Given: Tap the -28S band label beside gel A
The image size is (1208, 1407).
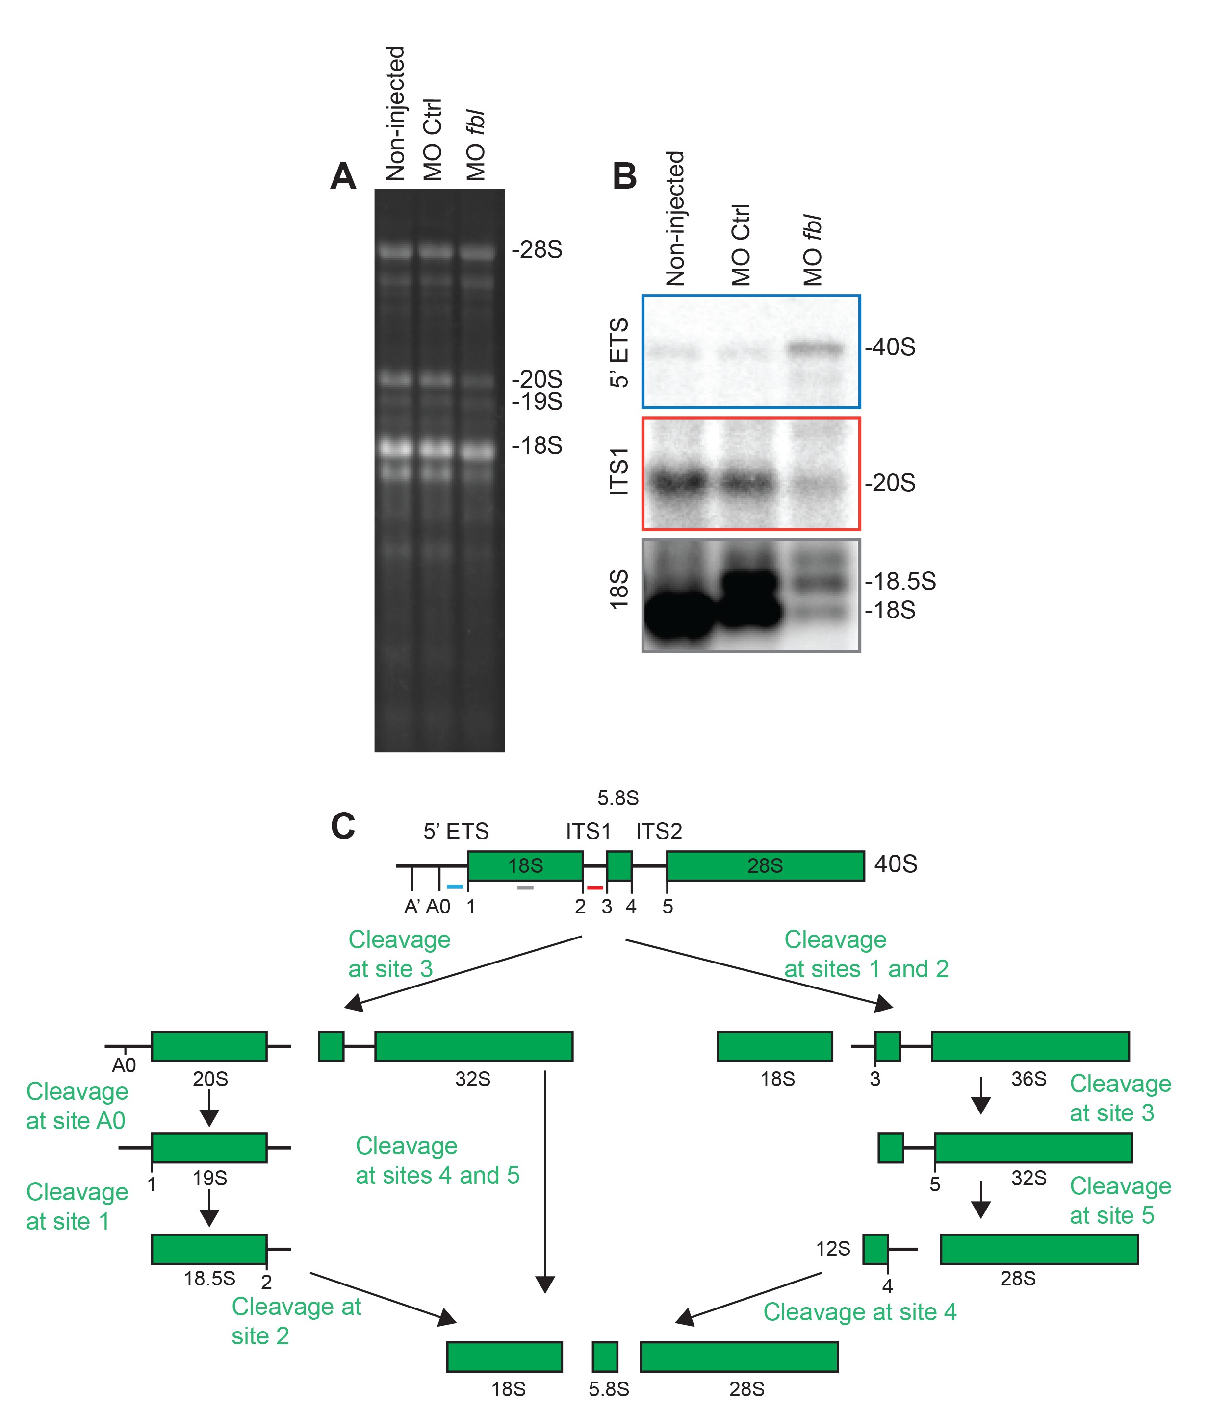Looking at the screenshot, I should (537, 250).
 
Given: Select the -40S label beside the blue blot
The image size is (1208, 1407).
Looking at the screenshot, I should (890, 347).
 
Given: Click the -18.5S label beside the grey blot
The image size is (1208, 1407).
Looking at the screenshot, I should (900, 581).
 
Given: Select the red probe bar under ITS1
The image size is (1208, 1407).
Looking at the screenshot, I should (595, 888).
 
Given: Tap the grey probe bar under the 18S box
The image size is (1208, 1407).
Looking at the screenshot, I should (525, 888).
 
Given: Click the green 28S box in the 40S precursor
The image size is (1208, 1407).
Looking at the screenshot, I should (765, 866).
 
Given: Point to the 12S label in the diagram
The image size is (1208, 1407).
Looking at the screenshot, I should (833, 1249).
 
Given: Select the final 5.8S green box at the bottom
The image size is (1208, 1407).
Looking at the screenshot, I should (605, 1357).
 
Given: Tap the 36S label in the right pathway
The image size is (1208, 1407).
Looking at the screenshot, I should (1028, 1079).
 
